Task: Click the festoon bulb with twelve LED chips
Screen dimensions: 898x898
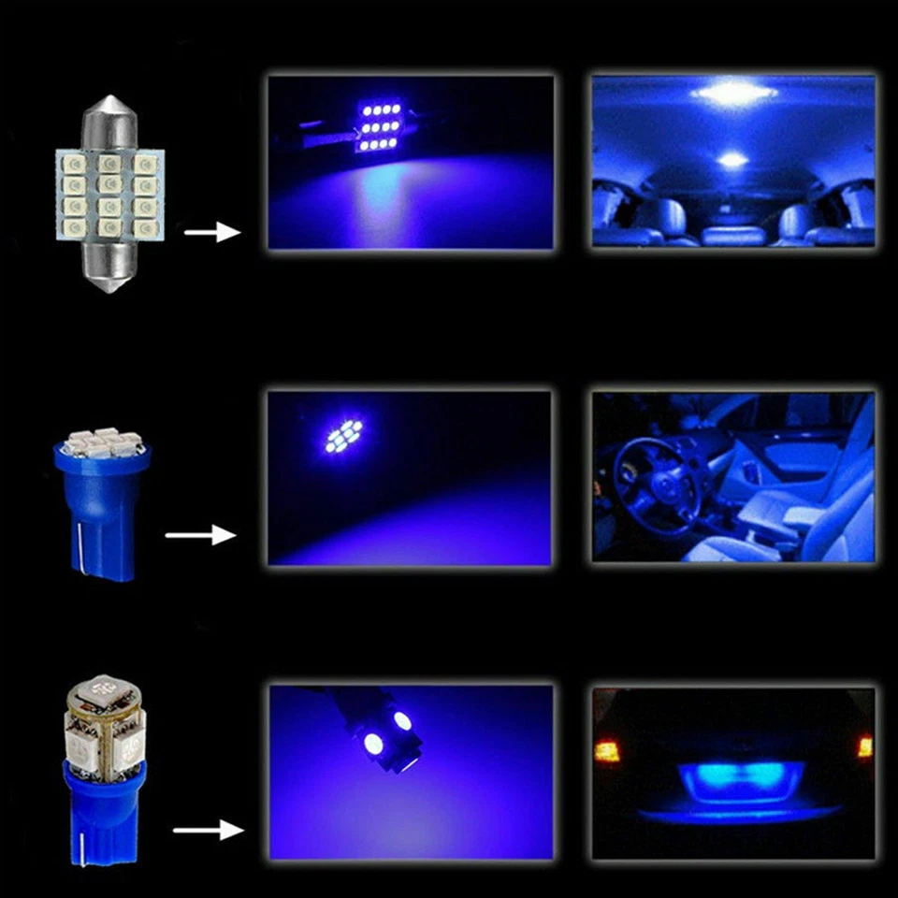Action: click(110, 194)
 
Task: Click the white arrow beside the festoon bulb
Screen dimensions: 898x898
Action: click(212, 231)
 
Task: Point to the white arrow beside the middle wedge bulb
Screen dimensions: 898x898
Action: click(200, 535)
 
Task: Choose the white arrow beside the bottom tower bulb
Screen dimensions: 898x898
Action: click(208, 829)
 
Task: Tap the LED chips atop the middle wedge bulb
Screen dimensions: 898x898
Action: click(102, 442)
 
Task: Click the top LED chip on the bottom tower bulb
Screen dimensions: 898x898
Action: click(104, 698)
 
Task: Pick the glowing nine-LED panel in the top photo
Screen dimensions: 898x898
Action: click(379, 125)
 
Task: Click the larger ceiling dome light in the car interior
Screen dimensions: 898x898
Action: click(733, 92)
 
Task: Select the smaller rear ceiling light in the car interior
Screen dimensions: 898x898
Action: click(731, 160)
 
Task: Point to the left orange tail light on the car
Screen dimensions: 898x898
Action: click(606, 750)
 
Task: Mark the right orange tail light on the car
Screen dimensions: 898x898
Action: click(864, 746)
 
